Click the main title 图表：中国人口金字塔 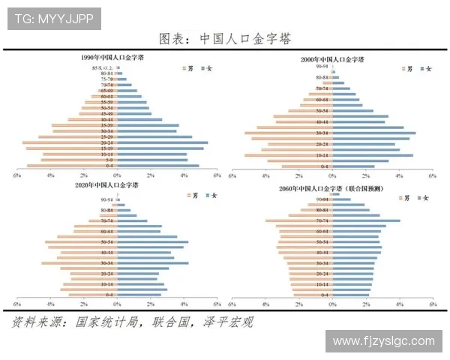click(225, 38)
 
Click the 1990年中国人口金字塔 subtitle click(112, 57)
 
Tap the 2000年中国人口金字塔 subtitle click(332, 58)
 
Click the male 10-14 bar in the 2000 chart click(289, 155)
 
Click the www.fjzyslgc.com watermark click(383, 341)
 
